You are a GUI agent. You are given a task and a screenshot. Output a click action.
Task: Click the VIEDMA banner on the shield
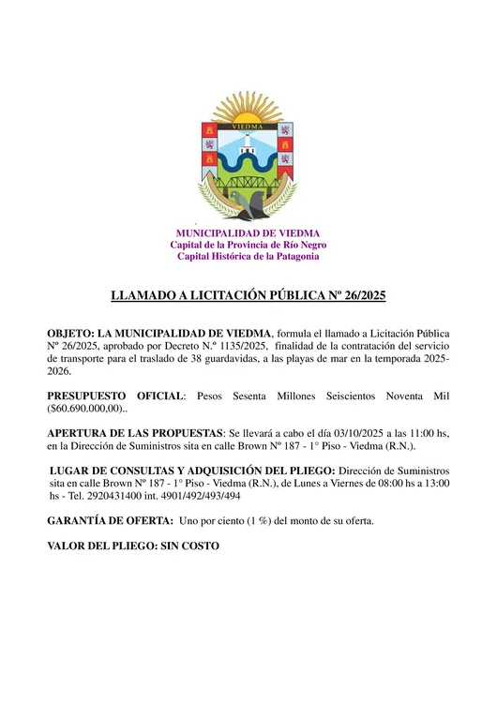tap(248, 124)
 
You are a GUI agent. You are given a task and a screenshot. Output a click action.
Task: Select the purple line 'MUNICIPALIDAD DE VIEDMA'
tap(248, 233)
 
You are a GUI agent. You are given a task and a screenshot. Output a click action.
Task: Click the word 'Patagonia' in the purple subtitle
tap(294, 256)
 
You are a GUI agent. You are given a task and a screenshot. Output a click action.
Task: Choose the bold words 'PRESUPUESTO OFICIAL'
tap(116, 396)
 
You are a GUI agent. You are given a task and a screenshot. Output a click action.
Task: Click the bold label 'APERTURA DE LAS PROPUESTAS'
tap(132, 434)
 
